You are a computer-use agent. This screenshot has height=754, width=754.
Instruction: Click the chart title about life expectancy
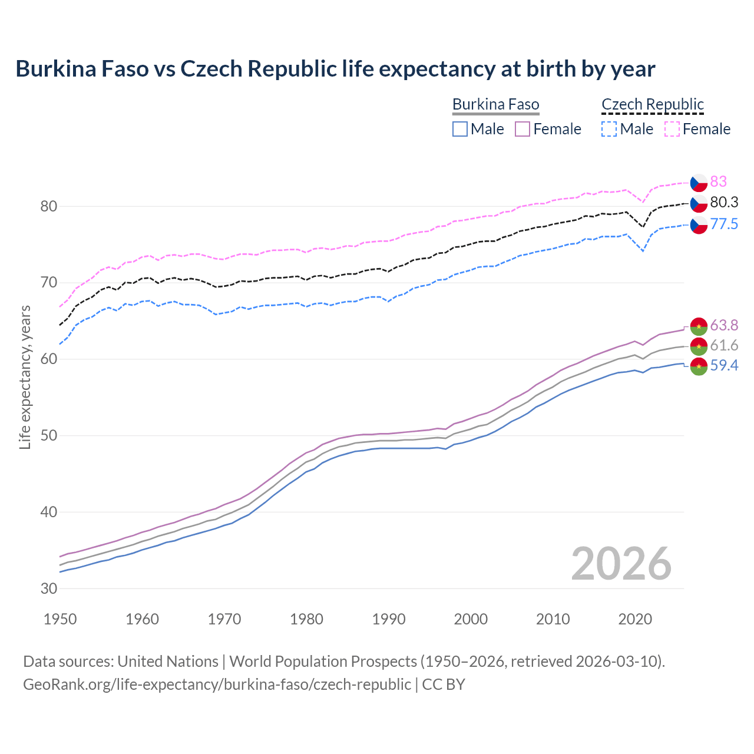(335, 69)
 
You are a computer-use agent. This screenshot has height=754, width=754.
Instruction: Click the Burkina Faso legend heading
(495, 105)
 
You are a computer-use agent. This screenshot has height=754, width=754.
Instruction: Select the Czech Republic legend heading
(653, 105)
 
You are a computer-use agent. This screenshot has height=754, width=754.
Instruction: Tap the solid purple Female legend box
(522, 129)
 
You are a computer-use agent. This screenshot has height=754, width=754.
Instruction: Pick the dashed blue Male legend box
(609, 129)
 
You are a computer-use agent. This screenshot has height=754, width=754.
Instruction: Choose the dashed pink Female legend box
(672, 129)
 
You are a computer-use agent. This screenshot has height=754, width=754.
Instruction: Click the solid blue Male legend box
(460, 129)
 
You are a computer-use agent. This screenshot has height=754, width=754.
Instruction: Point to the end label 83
(718, 181)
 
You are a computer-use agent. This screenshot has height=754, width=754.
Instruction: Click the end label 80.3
(724, 203)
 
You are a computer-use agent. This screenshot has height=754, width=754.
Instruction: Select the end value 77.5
(724, 224)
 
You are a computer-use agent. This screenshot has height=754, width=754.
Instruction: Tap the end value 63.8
(724, 326)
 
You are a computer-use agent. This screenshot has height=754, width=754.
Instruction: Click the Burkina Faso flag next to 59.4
(699, 366)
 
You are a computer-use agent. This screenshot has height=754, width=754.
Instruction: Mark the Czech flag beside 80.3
(699, 203)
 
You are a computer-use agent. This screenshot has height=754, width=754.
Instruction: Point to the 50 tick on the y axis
(49, 436)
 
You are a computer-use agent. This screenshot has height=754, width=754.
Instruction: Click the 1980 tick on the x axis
(306, 619)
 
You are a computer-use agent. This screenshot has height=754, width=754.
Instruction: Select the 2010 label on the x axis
(553, 619)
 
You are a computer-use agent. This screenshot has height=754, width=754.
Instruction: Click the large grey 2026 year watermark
(621, 564)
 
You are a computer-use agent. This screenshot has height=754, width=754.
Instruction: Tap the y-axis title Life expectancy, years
(25, 377)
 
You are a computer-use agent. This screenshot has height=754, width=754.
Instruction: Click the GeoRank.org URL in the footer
(217, 684)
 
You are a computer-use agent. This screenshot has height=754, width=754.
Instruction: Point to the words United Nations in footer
(168, 662)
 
